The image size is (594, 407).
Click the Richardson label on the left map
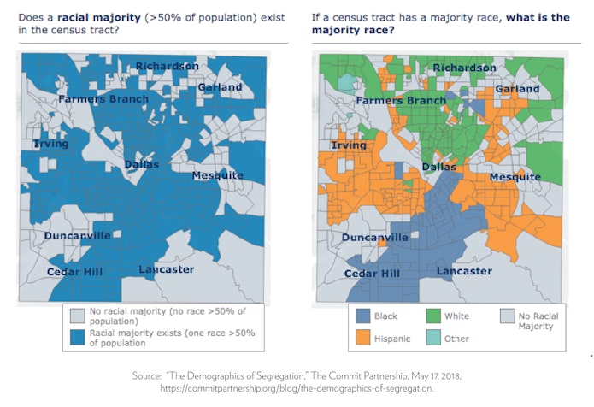167,66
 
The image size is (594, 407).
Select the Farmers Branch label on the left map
103,99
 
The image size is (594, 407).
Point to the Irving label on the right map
348,145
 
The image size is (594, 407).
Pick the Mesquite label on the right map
515,177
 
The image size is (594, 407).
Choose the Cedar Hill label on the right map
372,274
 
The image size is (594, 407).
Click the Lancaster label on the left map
167,269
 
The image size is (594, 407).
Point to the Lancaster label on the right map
464,271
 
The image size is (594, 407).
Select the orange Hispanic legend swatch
363,339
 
